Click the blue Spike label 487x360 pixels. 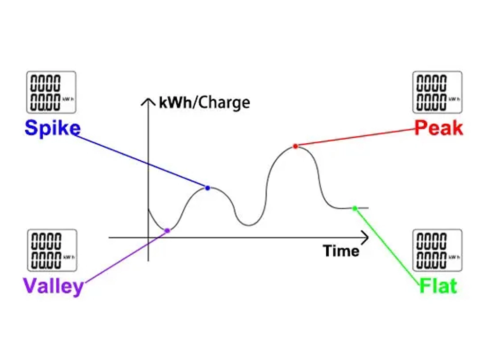(x=52, y=128)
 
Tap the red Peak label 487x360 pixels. (x=438, y=128)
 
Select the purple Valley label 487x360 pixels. (x=53, y=285)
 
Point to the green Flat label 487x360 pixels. (x=438, y=285)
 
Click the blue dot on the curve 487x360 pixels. (x=207, y=188)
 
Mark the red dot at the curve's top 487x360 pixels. (x=295, y=146)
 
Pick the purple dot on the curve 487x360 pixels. (x=167, y=230)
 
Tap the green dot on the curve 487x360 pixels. (x=355, y=208)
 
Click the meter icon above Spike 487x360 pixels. (x=51, y=93)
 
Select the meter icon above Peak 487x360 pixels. (x=437, y=93)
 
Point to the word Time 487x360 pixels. (x=341, y=251)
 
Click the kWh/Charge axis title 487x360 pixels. (x=205, y=103)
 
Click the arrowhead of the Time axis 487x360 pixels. (x=365, y=238)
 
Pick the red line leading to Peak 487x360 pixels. (x=356, y=137)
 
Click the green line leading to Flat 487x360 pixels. (x=387, y=246)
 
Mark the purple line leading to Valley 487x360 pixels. (x=124, y=257)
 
